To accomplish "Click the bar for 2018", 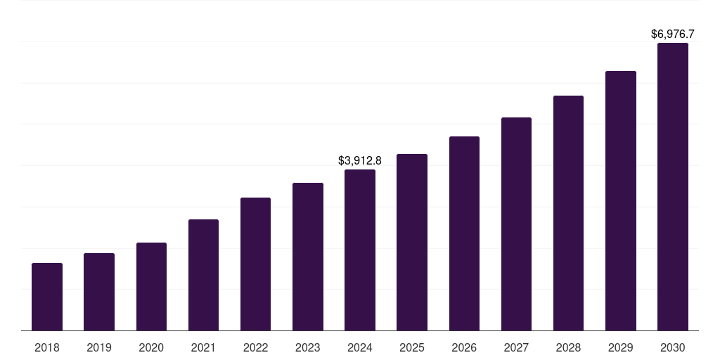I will pyautogui.click(x=47, y=297).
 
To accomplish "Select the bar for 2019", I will pyautogui.click(x=99, y=292).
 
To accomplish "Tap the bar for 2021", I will pyautogui.click(x=203, y=275).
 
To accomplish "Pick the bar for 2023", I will pyautogui.click(x=308, y=257).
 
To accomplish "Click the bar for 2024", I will pyautogui.click(x=360, y=250).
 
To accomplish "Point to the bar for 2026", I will pyautogui.click(x=464, y=233).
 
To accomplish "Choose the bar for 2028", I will pyautogui.click(x=568, y=213).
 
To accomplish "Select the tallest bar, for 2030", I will pyautogui.click(x=672, y=187).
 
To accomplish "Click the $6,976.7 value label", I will pyautogui.click(x=672, y=34).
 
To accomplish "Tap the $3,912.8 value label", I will pyautogui.click(x=360, y=160).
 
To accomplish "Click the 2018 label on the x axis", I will pyautogui.click(x=47, y=347).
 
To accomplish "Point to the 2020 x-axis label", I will pyautogui.click(x=151, y=347).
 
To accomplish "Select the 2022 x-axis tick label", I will pyautogui.click(x=255, y=347).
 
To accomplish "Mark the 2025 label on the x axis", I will pyautogui.click(x=412, y=347).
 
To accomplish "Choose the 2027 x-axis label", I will pyautogui.click(x=516, y=347).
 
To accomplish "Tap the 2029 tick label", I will pyautogui.click(x=620, y=347).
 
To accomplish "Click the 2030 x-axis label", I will pyautogui.click(x=672, y=347).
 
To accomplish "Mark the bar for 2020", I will pyautogui.click(x=151, y=287).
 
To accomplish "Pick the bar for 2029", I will pyautogui.click(x=620, y=201).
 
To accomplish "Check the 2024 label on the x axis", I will pyautogui.click(x=360, y=347).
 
